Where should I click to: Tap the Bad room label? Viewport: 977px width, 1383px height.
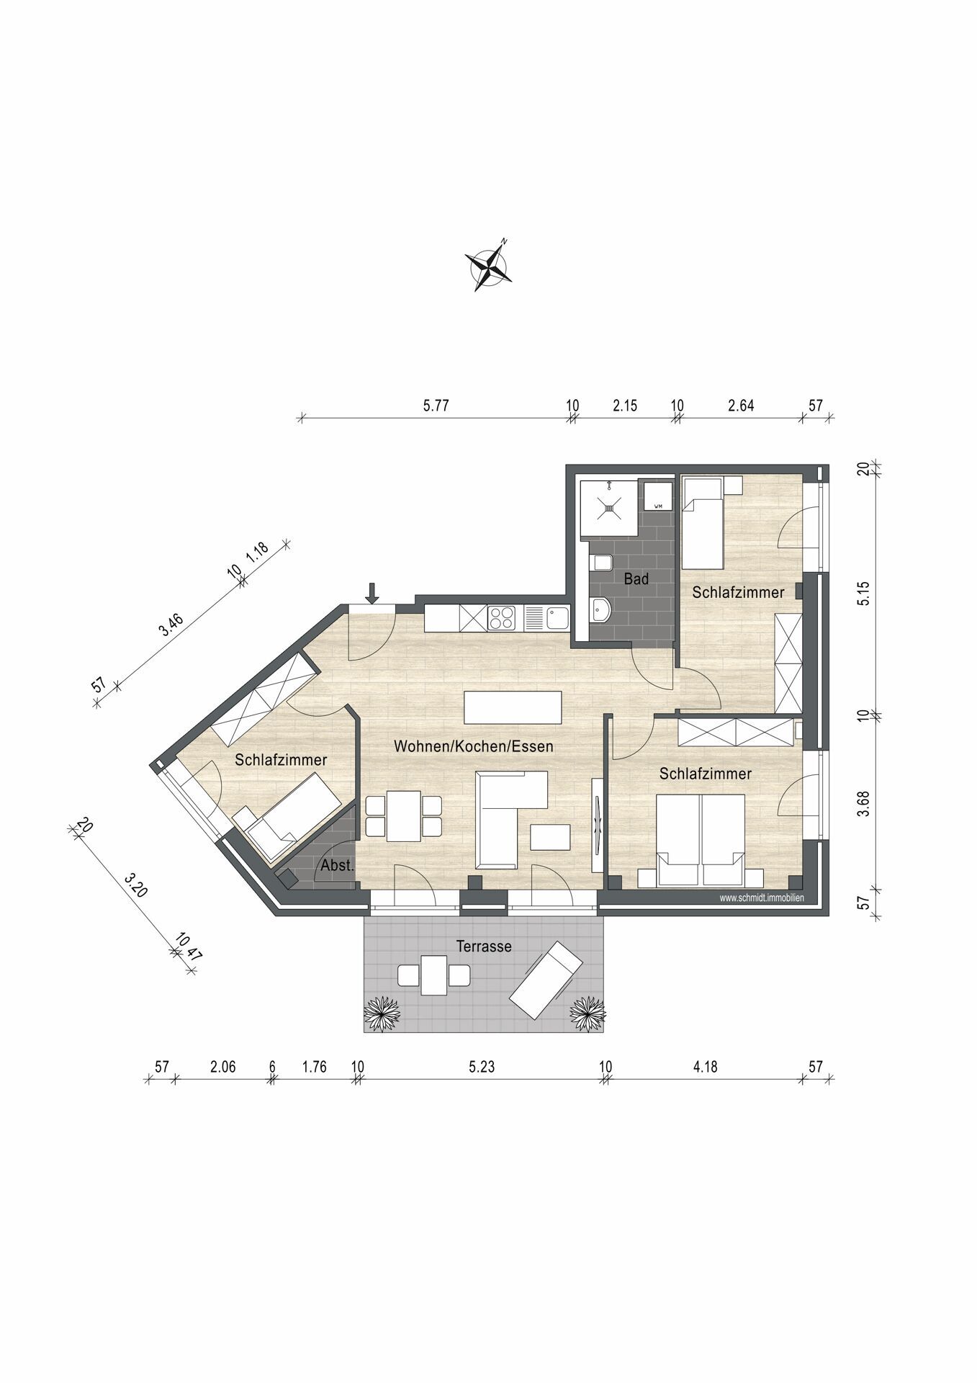636,579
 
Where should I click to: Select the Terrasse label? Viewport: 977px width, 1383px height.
484,946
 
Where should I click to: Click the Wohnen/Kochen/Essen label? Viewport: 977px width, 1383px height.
474,746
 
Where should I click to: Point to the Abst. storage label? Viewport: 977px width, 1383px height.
338,866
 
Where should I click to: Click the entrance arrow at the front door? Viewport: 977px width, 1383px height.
372,593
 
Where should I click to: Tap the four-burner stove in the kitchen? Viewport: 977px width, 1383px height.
502,618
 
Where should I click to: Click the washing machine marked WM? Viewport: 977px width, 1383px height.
658,496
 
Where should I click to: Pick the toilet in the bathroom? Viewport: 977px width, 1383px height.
600,563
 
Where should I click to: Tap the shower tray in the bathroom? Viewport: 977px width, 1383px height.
609,509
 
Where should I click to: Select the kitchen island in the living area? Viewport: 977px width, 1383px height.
513,707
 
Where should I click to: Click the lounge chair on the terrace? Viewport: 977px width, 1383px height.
546,980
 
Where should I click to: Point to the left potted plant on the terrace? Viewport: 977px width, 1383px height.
382,1014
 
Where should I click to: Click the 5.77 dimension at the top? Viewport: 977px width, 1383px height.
436,405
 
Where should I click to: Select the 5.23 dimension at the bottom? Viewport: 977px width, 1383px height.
482,1067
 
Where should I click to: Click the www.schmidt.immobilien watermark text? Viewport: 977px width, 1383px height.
762,898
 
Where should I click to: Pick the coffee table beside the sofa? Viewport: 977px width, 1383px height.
551,837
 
